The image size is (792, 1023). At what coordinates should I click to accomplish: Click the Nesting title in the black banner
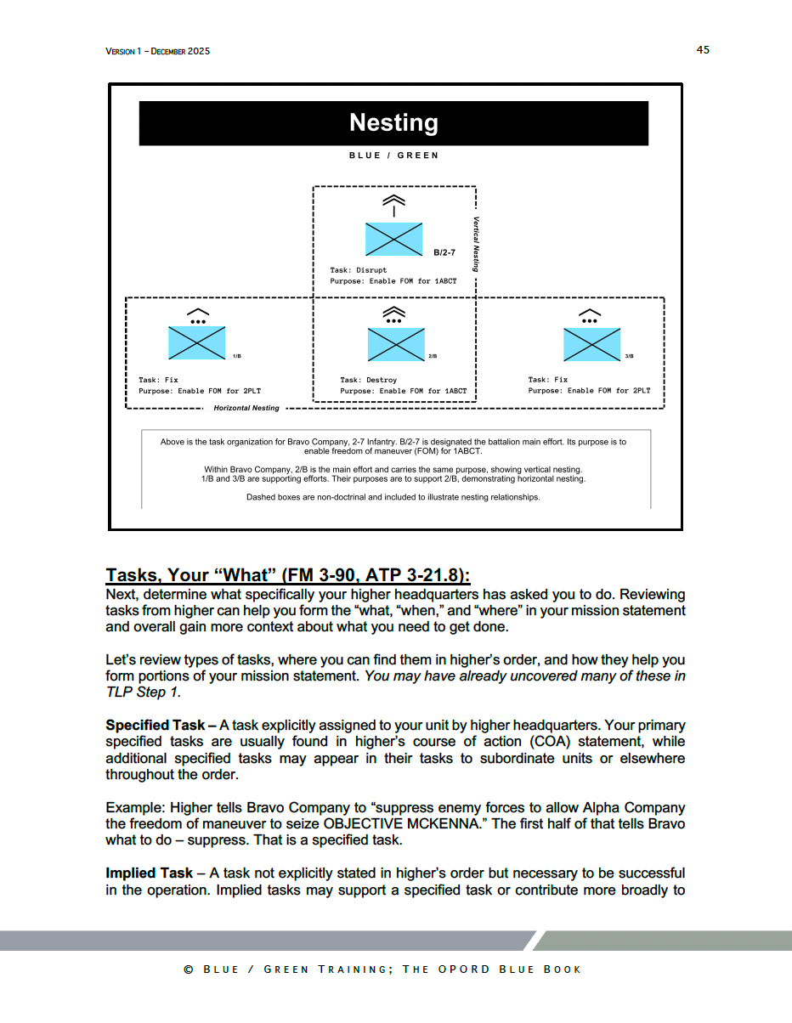tap(393, 123)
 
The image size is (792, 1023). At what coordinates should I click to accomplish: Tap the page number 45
tap(703, 50)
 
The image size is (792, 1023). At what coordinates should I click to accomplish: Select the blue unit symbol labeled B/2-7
tap(394, 239)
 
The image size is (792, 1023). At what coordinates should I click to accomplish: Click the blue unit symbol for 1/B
tap(197, 342)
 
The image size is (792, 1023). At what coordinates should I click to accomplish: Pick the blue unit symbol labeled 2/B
tap(396, 344)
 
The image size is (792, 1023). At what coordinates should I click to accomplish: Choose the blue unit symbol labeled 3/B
tap(592, 344)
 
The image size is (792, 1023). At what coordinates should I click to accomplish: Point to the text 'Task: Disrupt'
tap(358, 270)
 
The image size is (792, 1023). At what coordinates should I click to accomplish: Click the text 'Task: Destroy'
tap(368, 380)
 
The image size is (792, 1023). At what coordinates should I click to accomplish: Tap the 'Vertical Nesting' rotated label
tap(477, 243)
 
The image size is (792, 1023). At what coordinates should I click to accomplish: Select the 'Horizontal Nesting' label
tap(246, 408)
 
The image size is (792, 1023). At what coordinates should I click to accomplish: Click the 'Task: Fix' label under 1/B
tap(158, 380)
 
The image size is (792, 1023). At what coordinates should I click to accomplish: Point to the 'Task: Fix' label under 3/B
tap(547, 380)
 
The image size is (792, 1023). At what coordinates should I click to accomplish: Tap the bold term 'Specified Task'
tap(155, 726)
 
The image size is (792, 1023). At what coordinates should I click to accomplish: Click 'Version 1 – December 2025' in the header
tap(157, 51)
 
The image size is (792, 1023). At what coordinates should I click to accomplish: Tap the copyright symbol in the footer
tap(189, 969)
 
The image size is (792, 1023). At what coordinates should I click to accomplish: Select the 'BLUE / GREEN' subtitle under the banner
tap(393, 155)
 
